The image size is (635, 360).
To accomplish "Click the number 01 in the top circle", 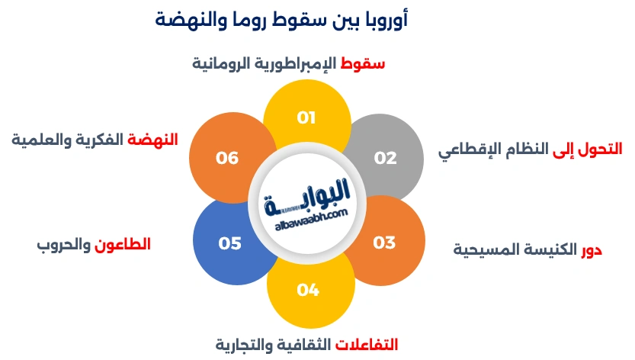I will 306,118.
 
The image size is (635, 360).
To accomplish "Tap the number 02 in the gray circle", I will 385,158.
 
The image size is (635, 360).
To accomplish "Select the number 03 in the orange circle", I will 384,243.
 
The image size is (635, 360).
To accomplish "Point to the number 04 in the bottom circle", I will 308,290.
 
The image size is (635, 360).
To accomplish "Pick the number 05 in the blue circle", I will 229,243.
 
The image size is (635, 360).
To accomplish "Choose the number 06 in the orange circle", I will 227,158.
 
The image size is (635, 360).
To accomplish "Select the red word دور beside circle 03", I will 592,249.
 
